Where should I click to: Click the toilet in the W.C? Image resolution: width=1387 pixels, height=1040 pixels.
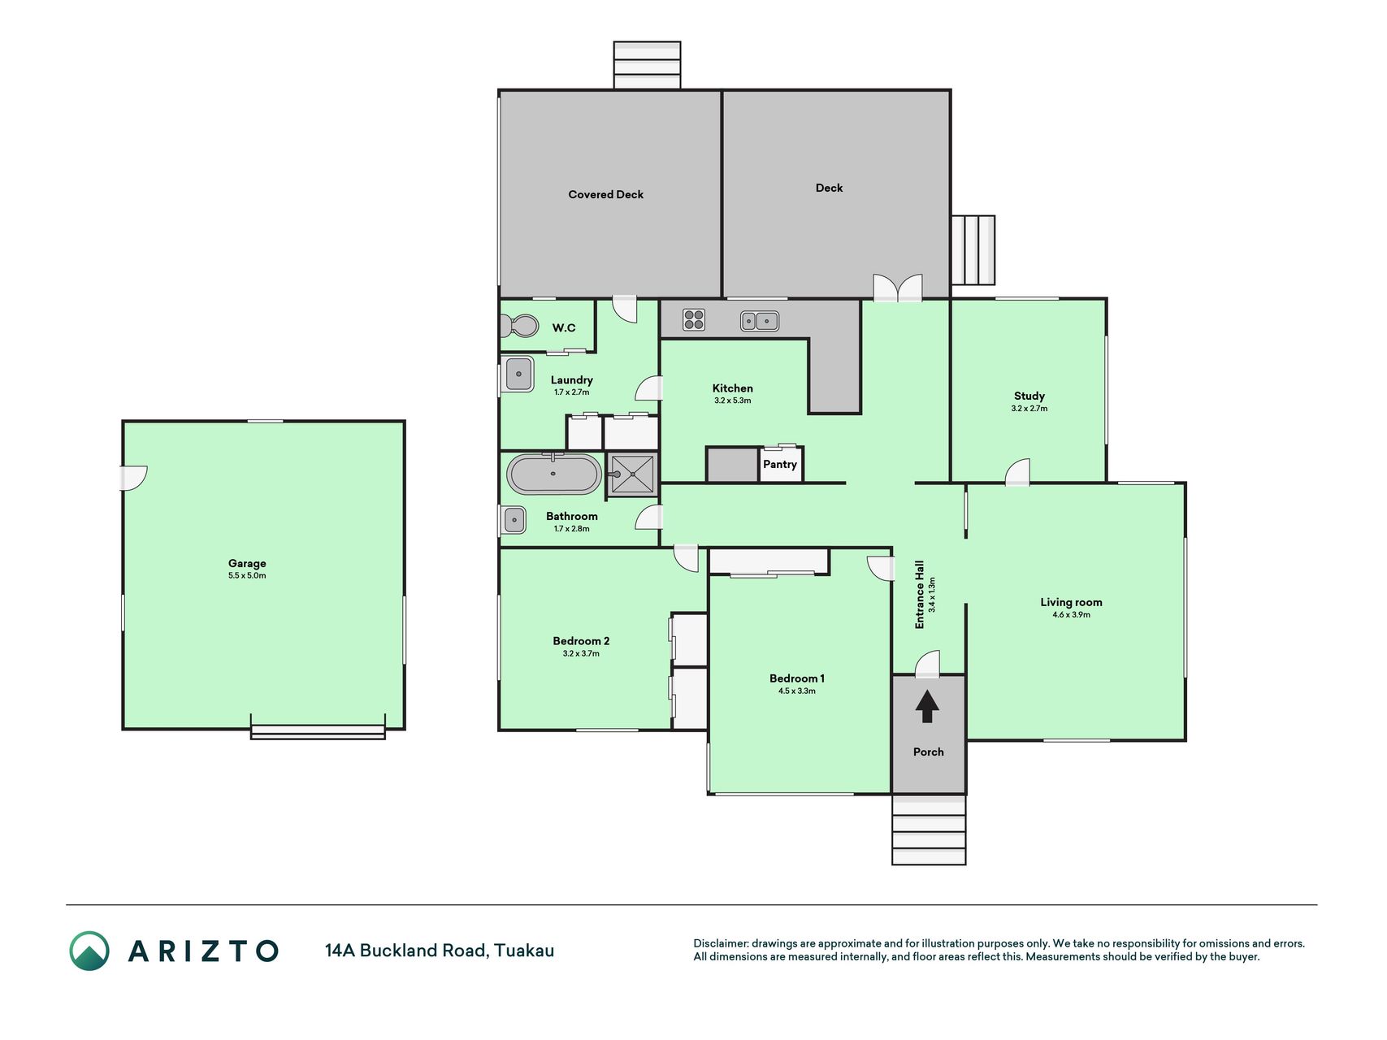click(519, 327)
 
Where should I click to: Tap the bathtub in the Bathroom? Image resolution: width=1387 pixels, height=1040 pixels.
click(554, 474)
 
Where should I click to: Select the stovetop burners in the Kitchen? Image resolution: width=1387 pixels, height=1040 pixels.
click(693, 319)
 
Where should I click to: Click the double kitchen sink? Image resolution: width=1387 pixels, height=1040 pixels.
click(760, 321)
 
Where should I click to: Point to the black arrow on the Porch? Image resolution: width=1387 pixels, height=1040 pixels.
click(927, 706)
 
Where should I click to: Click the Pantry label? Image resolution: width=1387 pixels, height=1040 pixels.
click(779, 464)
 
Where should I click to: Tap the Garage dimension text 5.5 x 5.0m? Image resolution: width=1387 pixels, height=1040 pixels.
click(247, 575)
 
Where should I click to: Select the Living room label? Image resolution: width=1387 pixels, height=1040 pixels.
click(1071, 602)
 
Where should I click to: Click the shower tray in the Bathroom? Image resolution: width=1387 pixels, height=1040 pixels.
click(631, 474)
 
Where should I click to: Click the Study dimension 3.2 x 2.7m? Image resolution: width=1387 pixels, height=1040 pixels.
click(1029, 409)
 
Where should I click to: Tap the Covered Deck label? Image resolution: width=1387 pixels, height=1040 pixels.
click(605, 194)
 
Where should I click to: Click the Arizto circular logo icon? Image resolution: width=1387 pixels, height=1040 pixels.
click(89, 951)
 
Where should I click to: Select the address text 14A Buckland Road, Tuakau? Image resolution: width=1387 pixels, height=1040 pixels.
click(440, 951)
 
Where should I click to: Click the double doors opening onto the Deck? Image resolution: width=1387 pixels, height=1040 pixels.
click(898, 288)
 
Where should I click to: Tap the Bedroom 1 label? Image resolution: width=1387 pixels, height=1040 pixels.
click(797, 678)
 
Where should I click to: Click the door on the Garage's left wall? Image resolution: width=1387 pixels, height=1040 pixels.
click(133, 478)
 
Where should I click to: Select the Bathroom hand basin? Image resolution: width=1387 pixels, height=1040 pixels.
click(514, 519)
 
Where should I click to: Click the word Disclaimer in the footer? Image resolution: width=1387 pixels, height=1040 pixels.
click(720, 943)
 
